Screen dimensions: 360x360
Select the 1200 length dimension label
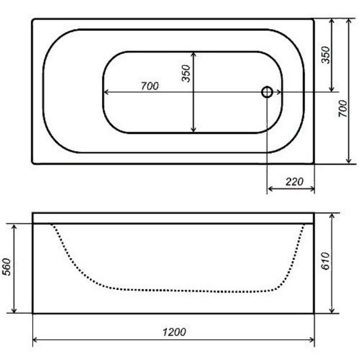pos(174,332)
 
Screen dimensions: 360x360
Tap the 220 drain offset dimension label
pos(294,182)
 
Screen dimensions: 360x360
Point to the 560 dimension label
pos(7,266)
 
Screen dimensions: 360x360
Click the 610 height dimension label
pos(325,261)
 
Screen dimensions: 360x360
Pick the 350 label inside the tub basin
pos(186,73)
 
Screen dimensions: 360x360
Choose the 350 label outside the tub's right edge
pos(325,55)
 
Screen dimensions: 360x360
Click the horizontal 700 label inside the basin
pos(150,86)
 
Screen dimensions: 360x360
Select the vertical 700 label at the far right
pos(343,108)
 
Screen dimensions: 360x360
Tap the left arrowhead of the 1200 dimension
pos(35,340)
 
